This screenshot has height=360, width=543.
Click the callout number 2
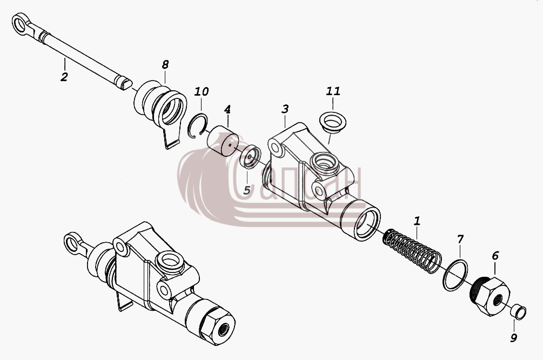pos(64,77)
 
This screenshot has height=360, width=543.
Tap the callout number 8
pos(165,64)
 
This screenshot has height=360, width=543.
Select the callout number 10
pos(201,91)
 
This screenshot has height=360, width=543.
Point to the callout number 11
pos(333,91)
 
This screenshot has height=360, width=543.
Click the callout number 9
pos(514,337)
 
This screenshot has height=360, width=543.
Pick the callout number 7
pos(460,239)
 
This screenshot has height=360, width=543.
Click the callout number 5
pos(246,190)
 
